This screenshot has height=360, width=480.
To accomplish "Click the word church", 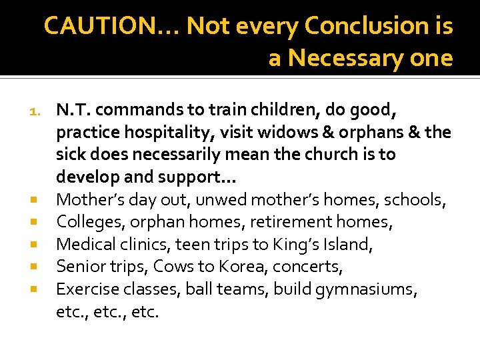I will (x=317, y=155).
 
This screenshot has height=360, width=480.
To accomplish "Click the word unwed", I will (x=187, y=199).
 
